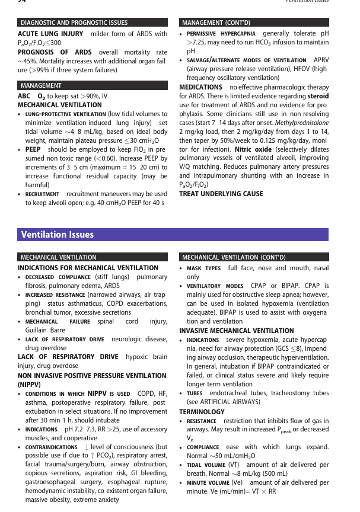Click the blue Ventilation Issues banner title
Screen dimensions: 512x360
click(58, 235)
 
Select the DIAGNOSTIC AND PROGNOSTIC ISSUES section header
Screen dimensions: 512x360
click(74, 23)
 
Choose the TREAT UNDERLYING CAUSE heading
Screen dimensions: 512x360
click(221, 194)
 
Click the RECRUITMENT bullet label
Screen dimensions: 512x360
click(42, 194)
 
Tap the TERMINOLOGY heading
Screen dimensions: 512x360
click(202, 411)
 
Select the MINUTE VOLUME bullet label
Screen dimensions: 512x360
click(209, 484)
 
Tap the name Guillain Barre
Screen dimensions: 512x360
click(45, 330)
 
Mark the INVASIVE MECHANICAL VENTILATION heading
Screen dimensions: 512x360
click(236, 331)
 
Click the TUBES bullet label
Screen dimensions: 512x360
click(195, 393)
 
